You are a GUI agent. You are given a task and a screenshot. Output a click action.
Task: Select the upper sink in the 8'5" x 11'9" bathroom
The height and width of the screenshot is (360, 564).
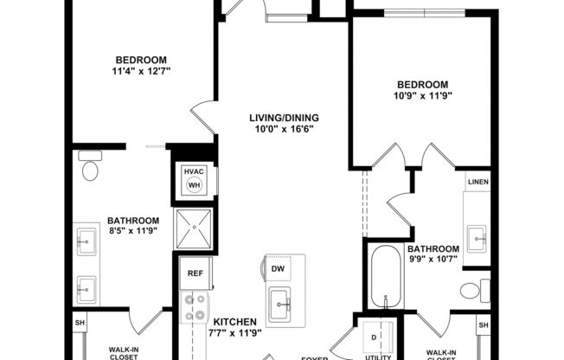87,242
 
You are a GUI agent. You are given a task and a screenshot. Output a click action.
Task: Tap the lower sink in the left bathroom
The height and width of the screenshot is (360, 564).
87,287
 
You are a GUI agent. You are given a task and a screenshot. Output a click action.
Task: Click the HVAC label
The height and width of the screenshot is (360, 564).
193,171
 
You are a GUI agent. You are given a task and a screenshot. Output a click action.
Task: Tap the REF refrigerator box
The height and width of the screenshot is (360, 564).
195,273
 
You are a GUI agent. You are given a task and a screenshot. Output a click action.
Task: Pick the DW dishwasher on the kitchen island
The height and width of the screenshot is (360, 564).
278,269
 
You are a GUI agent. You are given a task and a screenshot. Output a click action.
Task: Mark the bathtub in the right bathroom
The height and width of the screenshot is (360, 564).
387,277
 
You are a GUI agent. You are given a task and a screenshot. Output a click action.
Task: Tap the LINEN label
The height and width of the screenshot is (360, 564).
477,183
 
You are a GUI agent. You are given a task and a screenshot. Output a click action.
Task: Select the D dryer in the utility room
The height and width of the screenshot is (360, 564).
375,336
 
